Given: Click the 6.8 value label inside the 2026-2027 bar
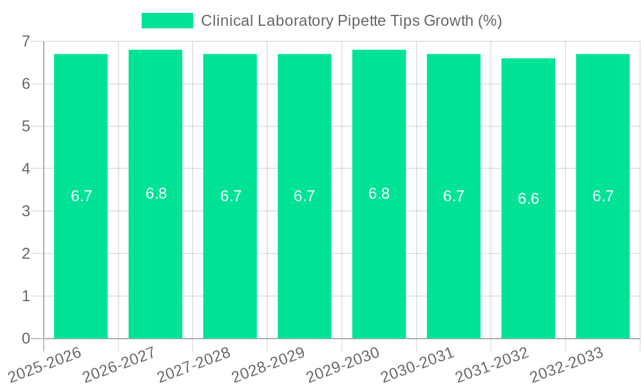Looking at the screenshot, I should pos(156,193).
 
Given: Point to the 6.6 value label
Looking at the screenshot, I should pos(528,199).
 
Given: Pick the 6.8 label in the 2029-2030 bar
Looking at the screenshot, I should pos(379,193).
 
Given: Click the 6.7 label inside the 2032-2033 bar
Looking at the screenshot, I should pos(603,196).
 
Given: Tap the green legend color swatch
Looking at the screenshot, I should pos(167,21).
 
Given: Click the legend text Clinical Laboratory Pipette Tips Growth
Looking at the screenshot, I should pos(351,21).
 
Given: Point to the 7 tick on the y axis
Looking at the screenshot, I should pos(26,41).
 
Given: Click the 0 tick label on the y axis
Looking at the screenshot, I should pos(26,339).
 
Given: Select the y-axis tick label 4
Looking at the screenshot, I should pos(26,169).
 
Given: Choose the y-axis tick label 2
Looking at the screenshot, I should pos(26,253).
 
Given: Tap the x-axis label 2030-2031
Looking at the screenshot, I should pos(418,364).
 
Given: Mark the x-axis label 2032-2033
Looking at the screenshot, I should pos(567,364).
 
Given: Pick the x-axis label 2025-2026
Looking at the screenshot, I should pos(45,364).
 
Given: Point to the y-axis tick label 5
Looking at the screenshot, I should pos(26,126).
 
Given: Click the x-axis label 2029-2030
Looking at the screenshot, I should pos(343,364).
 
